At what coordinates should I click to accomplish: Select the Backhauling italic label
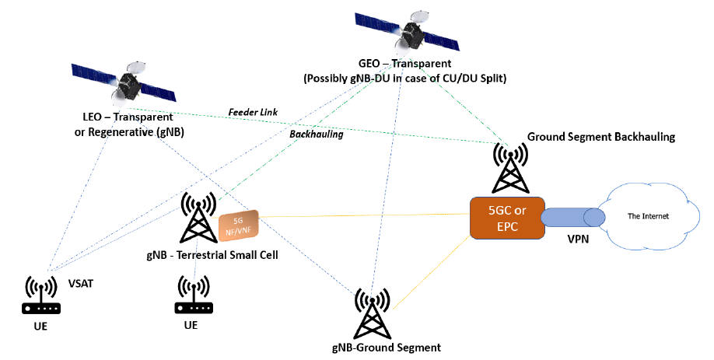pyautogui.click(x=315, y=134)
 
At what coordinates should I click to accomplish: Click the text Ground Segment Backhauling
pyautogui.click(x=600, y=137)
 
